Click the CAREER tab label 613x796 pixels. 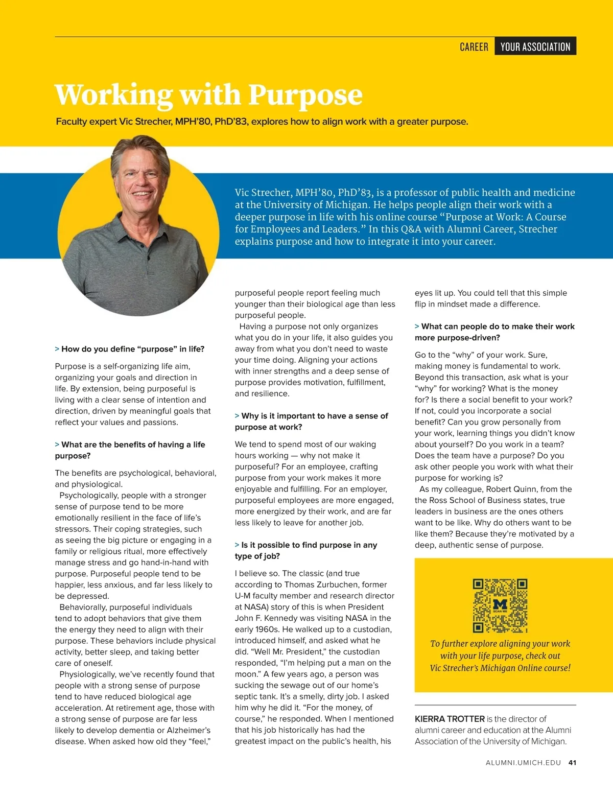[x=474, y=47]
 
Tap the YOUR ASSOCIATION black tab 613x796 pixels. [x=535, y=46]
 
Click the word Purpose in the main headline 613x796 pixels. [x=305, y=96]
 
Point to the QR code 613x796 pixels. [x=500, y=606]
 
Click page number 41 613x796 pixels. [x=572, y=763]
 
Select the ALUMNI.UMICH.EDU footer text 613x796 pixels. [x=523, y=763]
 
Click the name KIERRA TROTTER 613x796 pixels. [x=450, y=719]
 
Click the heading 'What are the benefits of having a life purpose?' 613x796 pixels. [x=130, y=450]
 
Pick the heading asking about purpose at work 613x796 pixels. [x=312, y=422]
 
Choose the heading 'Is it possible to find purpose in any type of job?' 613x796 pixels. [x=306, y=551]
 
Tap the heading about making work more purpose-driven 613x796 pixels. [x=494, y=332]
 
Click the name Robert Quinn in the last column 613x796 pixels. [x=511, y=489]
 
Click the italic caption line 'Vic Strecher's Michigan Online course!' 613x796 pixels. [x=500, y=668]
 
